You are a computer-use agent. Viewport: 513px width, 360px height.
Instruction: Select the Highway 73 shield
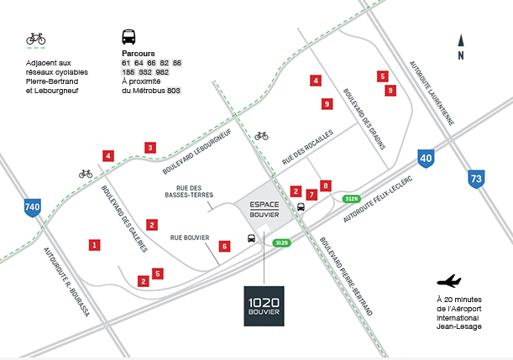[477, 178]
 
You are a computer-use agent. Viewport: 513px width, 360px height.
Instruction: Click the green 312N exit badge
[351, 199]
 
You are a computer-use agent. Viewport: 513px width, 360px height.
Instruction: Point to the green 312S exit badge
[281, 243]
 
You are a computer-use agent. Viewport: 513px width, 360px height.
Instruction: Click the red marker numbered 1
[94, 245]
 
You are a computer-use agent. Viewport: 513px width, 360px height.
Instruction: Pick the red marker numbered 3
[150, 148]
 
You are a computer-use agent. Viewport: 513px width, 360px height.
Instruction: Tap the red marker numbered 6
[224, 246]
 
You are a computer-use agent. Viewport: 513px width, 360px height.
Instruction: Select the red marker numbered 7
[311, 195]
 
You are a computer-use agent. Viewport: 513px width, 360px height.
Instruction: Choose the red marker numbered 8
[326, 185]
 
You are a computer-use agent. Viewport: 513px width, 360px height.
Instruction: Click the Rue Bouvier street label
[189, 237]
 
